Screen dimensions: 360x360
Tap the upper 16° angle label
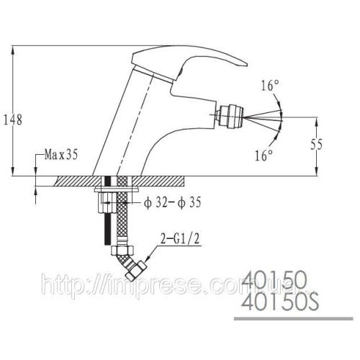click(x=270, y=86)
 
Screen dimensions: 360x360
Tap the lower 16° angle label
click(x=264, y=155)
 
